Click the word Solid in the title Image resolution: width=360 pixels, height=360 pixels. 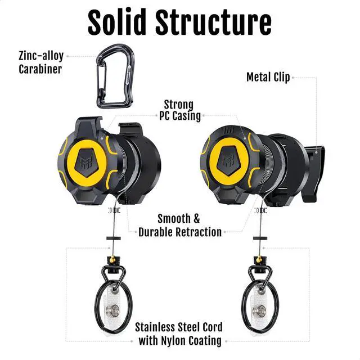click(x=118, y=24)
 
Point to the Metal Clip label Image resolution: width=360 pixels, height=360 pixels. click(x=268, y=77)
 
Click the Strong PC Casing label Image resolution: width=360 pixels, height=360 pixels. click(x=178, y=110)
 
